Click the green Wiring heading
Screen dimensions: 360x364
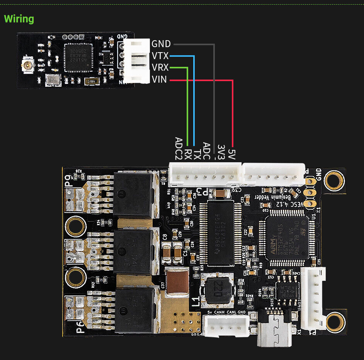[x=19, y=19]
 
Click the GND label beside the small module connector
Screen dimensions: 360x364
[x=161, y=44]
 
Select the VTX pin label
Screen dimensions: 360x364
[x=160, y=56]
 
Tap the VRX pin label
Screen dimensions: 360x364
[x=160, y=68]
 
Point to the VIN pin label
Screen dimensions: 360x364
[x=159, y=80]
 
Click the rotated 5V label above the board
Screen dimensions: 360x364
[x=231, y=150]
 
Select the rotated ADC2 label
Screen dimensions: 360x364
[x=179, y=148]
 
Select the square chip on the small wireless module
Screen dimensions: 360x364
[x=78, y=58]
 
